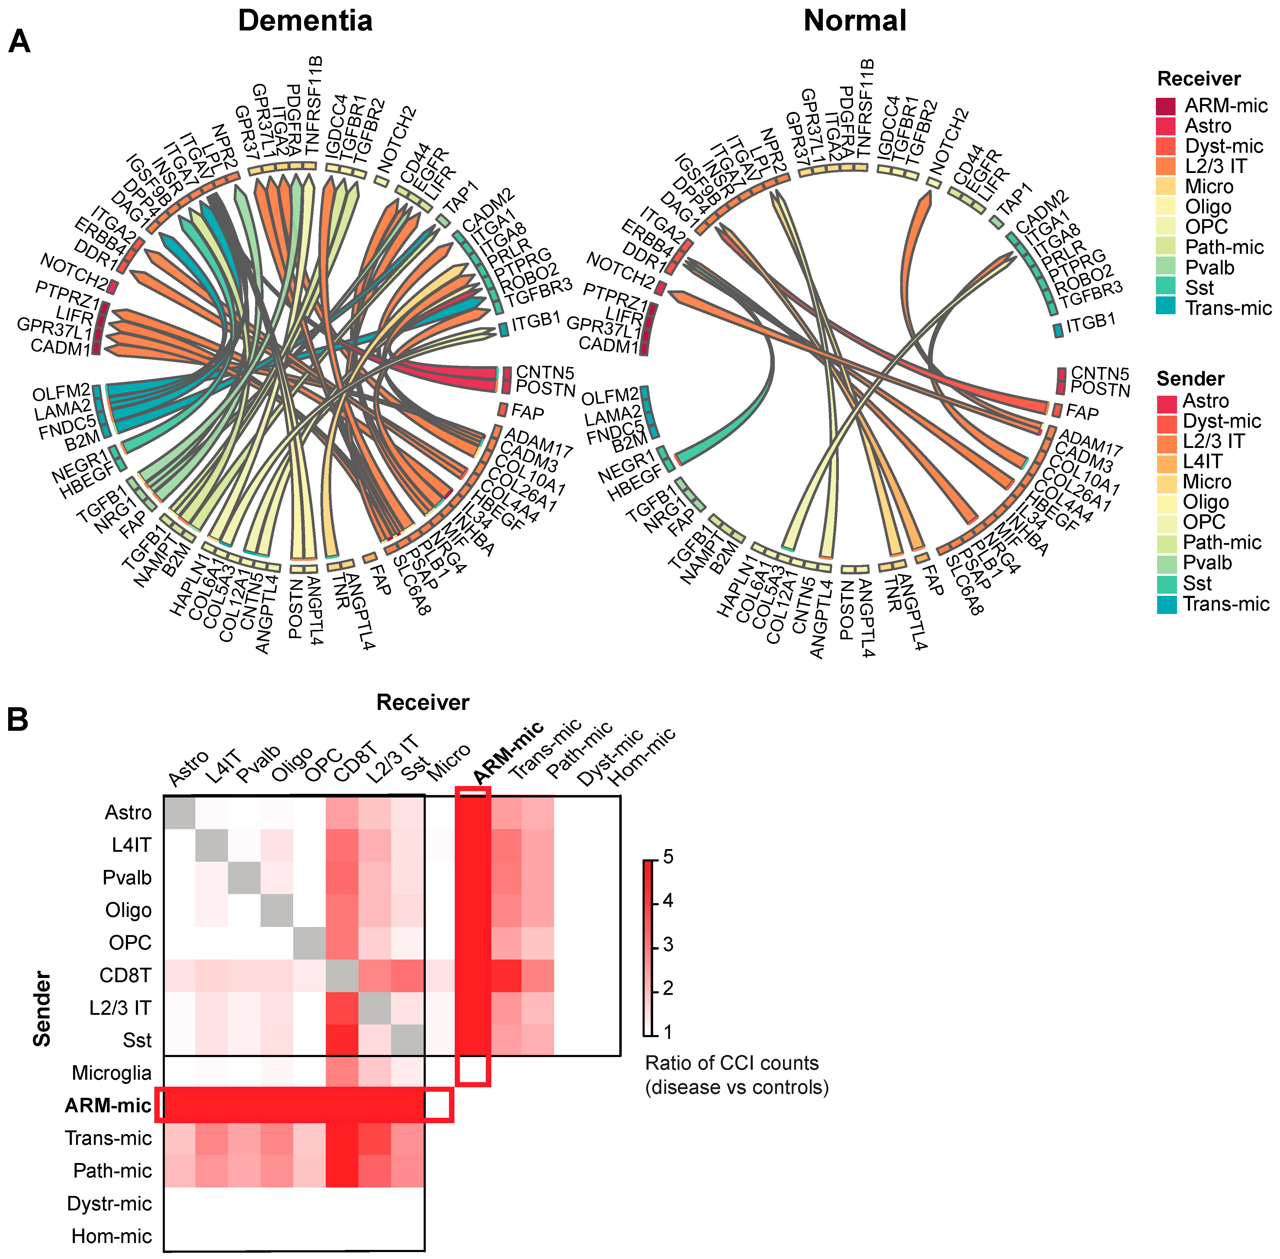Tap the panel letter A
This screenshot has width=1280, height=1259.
pos(19,44)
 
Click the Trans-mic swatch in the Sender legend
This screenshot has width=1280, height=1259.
pos(1166,604)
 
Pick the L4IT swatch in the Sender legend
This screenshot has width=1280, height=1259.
pos(1166,462)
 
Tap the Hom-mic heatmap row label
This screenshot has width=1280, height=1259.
pos(112,1236)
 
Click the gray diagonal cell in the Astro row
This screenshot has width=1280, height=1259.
pos(179,813)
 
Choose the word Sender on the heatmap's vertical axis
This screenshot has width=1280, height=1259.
pos(42,1008)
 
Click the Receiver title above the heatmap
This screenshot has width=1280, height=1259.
pos(423,702)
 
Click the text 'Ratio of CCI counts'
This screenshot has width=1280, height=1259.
pos(732,1063)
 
